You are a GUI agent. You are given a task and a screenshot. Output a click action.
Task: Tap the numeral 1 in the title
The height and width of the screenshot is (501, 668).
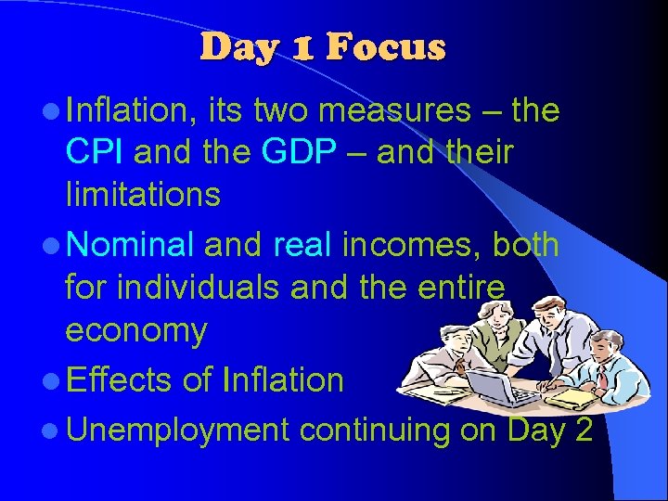[306, 47]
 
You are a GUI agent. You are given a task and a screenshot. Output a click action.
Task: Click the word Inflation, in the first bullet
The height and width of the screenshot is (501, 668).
[131, 110]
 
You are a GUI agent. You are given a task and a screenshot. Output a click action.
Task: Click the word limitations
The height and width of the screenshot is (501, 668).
[143, 194]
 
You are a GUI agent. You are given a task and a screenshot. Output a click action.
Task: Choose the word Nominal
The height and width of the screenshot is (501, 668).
[131, 244]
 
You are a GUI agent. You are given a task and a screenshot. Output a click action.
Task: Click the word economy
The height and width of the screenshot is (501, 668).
[136, 332]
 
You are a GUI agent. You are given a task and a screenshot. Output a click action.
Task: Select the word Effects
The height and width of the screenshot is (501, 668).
[120, 379]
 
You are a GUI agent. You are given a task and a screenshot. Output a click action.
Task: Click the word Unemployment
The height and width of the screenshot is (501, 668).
[179, 430]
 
